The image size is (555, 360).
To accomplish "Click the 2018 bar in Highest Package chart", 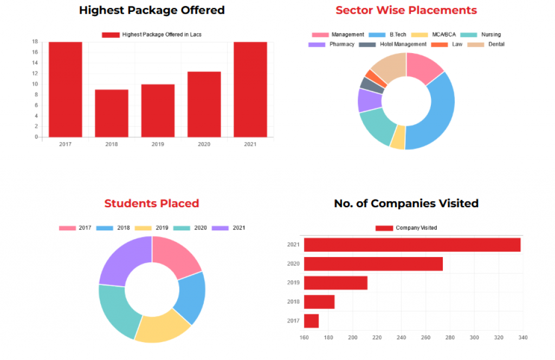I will click(111, 113).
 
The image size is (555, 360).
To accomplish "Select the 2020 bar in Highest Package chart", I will click(204, 104).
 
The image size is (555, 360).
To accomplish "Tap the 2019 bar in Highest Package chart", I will click(158, 111).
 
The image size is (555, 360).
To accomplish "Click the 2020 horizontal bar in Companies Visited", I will click(373, 264).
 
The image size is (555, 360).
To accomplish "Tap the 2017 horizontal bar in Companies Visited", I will click(311, 321).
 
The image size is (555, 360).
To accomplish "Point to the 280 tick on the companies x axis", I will click(450, 338).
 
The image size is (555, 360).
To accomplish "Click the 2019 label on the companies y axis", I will click(293, 283).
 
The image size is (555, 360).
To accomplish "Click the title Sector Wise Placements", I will click(406, 10).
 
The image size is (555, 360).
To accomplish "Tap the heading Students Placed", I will click(152, 203).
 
